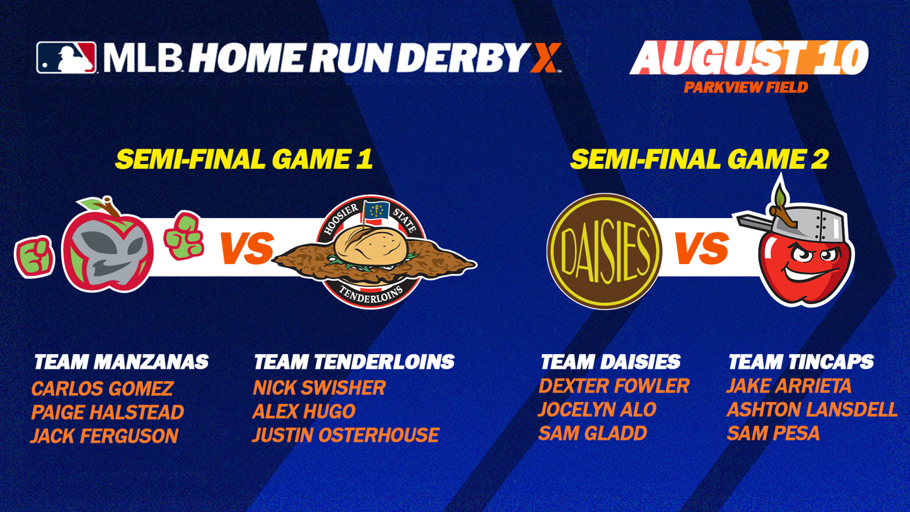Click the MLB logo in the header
click(x=66, y=58)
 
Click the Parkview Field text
click(x=746, y=87)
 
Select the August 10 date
click(x=749, y=58)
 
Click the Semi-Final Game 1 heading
click(x=244, y=159)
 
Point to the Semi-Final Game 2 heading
click(x=699, y=159)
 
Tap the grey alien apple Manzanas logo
click(x=108, y=244)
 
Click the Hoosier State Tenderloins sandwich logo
click(x=373, y=251)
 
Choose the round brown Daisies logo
click(x=604, y=251)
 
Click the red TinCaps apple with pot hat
click(x=797, y=243)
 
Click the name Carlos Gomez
click(x=103, y=388)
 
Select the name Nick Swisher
click(x=319, y=388)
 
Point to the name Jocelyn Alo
click(x=597, y=410)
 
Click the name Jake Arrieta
click(x=788, y=386)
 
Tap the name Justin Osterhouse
click(x=346, y=435)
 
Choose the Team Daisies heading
click(x=610, y=362)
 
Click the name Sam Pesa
click(x=773, y=433)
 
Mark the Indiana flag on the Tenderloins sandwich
click(x=375, y=211)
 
